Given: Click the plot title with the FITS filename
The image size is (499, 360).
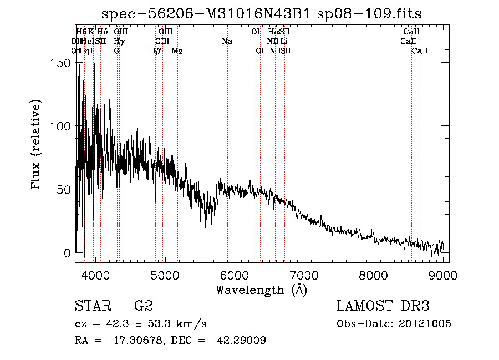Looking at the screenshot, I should [x=266, y=14].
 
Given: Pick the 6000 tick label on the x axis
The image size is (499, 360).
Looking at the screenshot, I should [x=234, y=274].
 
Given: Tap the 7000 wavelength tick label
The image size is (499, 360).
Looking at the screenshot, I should [x=304, y=274].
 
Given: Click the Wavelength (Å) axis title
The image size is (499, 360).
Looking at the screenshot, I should [x=261, y=290].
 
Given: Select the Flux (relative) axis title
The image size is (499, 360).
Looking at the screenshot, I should [x=37, y=145].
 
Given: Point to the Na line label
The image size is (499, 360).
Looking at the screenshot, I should [x=227, y=42].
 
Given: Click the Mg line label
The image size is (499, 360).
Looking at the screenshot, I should [x=177, y=51].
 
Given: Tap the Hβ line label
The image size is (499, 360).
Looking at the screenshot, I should [x=155, y=51].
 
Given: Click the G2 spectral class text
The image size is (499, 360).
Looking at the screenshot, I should [x=144, y=306].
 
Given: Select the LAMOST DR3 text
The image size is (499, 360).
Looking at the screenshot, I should [x=383, y=306].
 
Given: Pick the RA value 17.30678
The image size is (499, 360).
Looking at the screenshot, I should [x=140, y=341].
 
